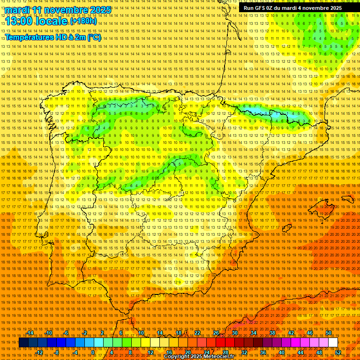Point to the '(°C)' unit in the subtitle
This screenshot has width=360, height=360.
(94, 37)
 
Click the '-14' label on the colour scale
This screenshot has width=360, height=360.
(30, 333)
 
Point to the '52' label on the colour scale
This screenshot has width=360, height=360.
(338, 352)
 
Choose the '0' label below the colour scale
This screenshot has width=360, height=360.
(93, 352)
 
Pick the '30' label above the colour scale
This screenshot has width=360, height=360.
(234, 333)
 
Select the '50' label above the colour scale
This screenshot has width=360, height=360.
(329, 333)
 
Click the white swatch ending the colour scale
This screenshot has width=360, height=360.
(333, 343)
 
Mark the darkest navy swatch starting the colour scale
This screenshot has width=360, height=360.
(23, 343)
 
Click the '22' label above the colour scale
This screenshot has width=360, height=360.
(197, 333)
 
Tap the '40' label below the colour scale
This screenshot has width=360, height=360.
(282, 352)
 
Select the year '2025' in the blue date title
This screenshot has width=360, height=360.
(100, 10)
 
